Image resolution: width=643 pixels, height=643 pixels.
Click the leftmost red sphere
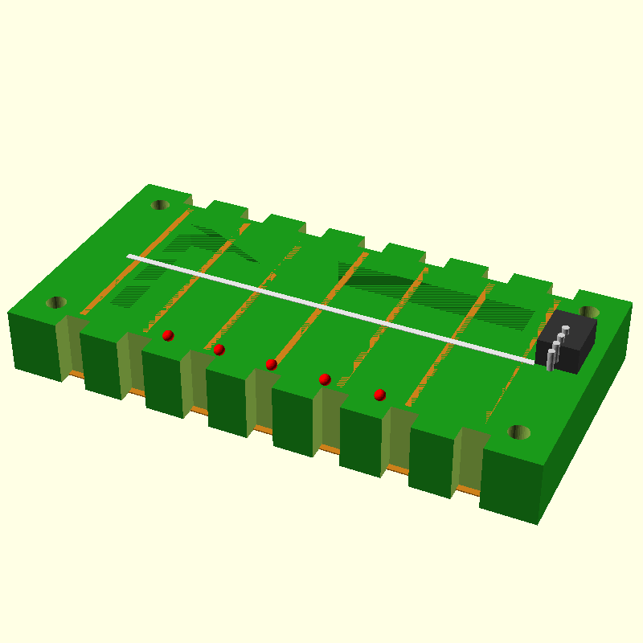pyautogui.click(x=168, y=335)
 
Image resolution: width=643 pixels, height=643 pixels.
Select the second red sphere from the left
pyautogui.click(x=219, y=350)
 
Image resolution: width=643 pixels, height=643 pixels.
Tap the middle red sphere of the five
pyautogui.click(x=272, y=364)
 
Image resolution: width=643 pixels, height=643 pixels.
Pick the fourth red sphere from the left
pyautogui.click(x=325, y=379)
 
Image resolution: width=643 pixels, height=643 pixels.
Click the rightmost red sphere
pyautogui.click(x=380, y=395)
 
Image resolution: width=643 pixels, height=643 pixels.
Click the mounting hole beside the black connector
pyautogui.click(x=589, y=312)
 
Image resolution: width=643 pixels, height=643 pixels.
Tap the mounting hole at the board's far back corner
pyautogui.click(x=160, y=205)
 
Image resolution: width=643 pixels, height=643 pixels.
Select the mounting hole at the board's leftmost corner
pyautogui.click(x=56, y=302)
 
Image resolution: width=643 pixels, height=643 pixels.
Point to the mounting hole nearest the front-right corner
pyautogui.click(x=519, y=432)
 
